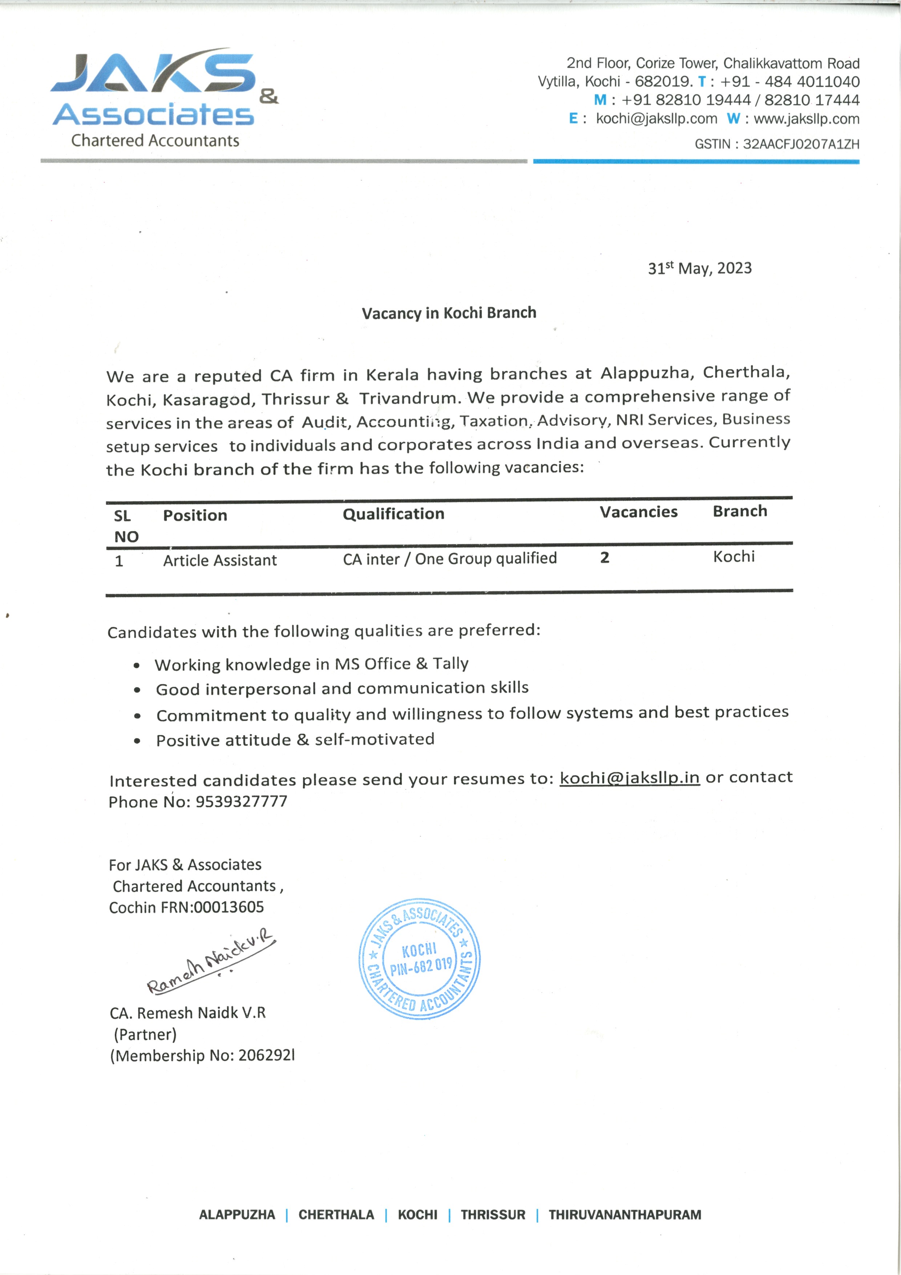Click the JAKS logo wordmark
pyautogui.click(x=153, y=72)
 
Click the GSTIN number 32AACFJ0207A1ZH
pyautogui.click(x=800, y=144)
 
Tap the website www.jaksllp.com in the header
pyautogui.click(x=806, y=119)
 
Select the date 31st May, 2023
pyautogui.click(x=699, y=269)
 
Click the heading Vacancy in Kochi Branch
pyautogui.click(x=449, y=313)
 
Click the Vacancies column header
pyautogui.click(x=638, y=512)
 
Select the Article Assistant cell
pyautogui.click(x=220, y=561)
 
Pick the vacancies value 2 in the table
pyautogui.click(x=605, y=558)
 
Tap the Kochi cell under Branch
pyautogui.click(x=734, y=556)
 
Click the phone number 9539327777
pyautogui.click(x=242, y=802)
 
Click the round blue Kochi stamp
pyautogui.click(x=420, y=959)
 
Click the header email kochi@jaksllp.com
pyautogui.click(x=656, y=119)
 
